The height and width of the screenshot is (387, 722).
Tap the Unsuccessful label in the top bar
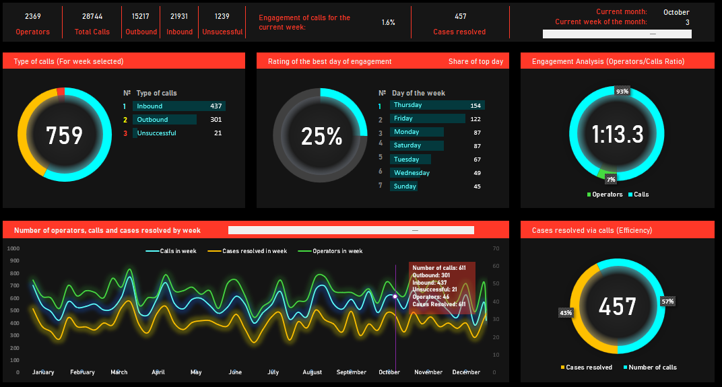[222, 32]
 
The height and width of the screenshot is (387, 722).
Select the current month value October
[676, 12]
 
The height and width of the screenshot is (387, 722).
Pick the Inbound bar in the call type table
[178, 106]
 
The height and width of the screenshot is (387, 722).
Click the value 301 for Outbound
[216, 120]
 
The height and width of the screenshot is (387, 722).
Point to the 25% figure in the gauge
[321, 137]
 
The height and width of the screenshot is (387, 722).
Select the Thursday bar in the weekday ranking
[436, 105]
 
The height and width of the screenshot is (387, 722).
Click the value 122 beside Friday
[475, 118]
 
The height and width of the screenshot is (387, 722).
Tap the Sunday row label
[405, 186]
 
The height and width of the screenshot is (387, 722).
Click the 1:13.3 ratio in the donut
[618, 135]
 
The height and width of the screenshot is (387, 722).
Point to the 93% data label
[622, 92]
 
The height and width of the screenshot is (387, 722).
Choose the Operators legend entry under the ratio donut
[604, 195]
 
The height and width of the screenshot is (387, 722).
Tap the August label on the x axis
[312, 372]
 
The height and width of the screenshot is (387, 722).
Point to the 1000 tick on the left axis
[14, 248]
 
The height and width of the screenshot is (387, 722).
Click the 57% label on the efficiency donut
[667, 301]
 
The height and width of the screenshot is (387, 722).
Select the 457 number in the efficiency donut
[618, 307]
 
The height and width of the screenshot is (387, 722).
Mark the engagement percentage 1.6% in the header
[388, 22]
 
